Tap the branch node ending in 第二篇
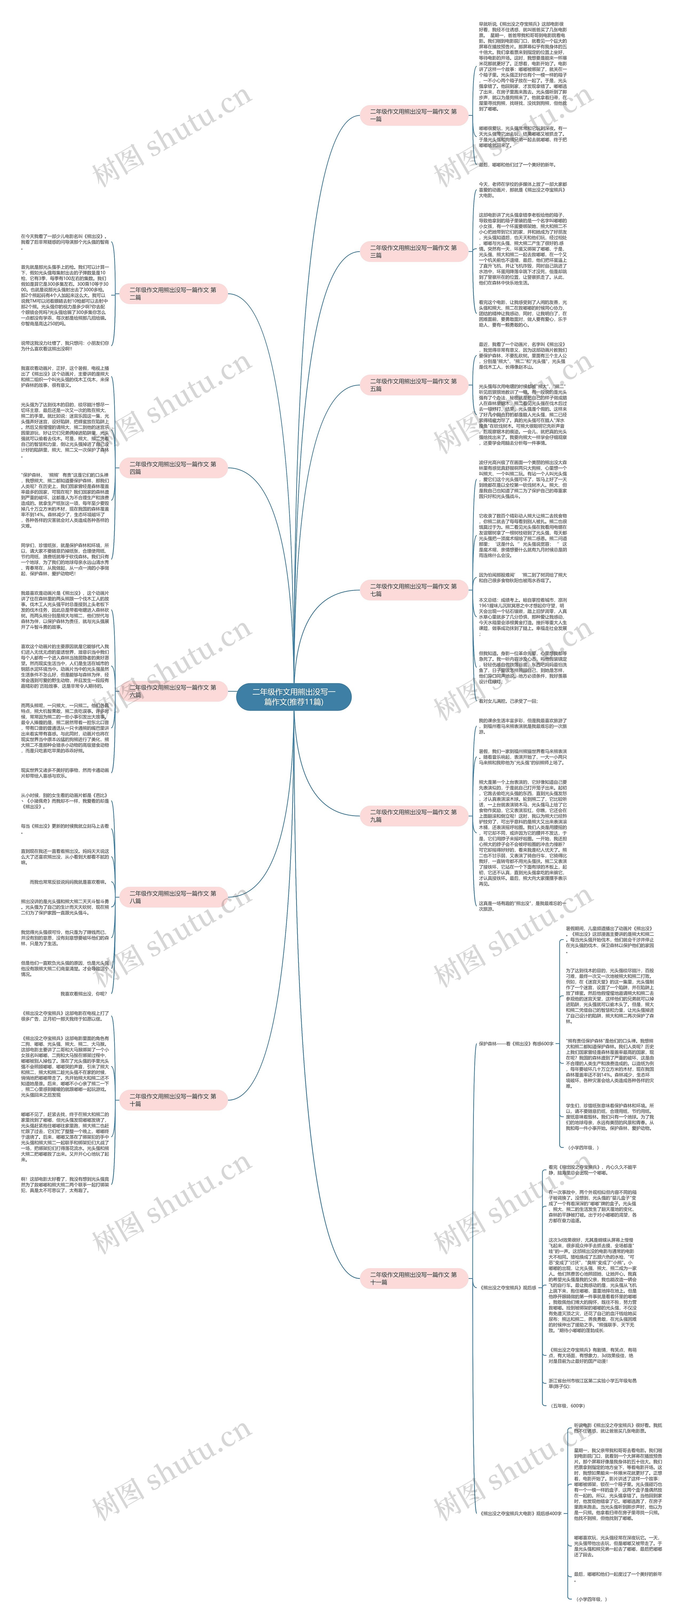(x=173, y=294)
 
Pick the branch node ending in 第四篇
(x=173, y=467)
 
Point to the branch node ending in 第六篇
(x=173, y=691)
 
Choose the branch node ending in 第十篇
(x=173, y=1099)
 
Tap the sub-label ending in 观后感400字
(x=521, y=1513)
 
